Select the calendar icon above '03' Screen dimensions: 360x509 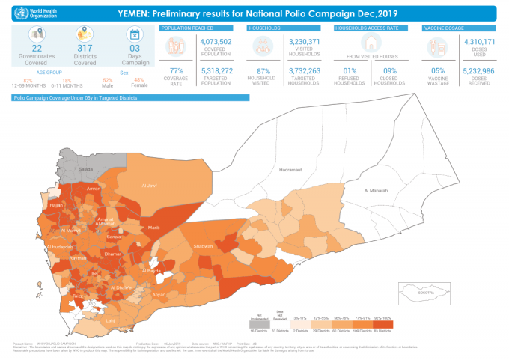(135, 34)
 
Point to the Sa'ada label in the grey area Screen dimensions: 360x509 (86, 169)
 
